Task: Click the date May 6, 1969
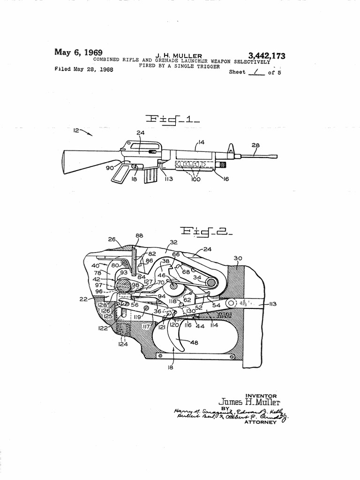pyautogui.click(x=79, y=52)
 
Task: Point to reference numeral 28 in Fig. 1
pyautogui.click(x=255, y=146)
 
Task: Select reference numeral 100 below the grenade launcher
pyautogui.click(x=196, y=180)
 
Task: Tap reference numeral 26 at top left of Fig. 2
pyautogui.click(x=112, y=239)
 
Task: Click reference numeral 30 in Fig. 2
pyautogui.click(x=237, y=257)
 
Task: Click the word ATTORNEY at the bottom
pyautogui.click(x=261, y=422)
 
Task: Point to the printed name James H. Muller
pyautogui.click(x=249, y=402)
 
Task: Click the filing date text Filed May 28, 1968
pyautogui.click(x=83, y=70)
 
